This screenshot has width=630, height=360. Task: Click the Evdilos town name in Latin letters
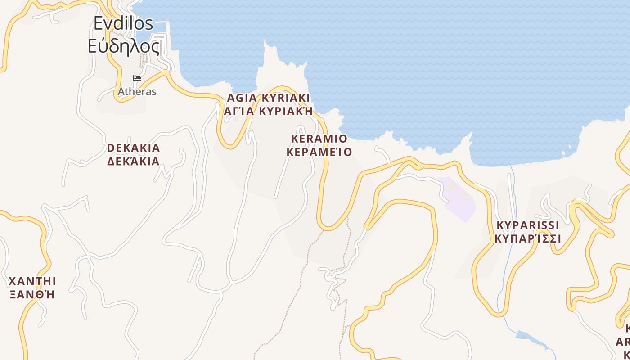click(123, 23)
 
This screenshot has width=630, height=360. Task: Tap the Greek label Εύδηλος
click(123, 46)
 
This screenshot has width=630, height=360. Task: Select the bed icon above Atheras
click(137, 78)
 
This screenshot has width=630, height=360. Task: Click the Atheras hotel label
click(137, 92)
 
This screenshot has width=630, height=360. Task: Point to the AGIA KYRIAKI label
click(269, 98)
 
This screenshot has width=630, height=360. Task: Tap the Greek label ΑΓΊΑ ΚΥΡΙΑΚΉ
click(268, 111)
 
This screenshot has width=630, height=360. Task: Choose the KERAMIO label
click(319, 138)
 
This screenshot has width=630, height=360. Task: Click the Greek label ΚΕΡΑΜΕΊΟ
click(319, 152)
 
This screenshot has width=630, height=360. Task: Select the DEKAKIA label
click(134, 148)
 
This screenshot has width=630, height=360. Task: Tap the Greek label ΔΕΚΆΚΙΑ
click(134, 161)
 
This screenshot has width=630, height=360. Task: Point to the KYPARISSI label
click(527, 225)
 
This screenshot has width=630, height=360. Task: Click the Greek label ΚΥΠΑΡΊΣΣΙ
click(527, 238)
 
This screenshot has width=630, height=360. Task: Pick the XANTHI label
click(32, 282)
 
